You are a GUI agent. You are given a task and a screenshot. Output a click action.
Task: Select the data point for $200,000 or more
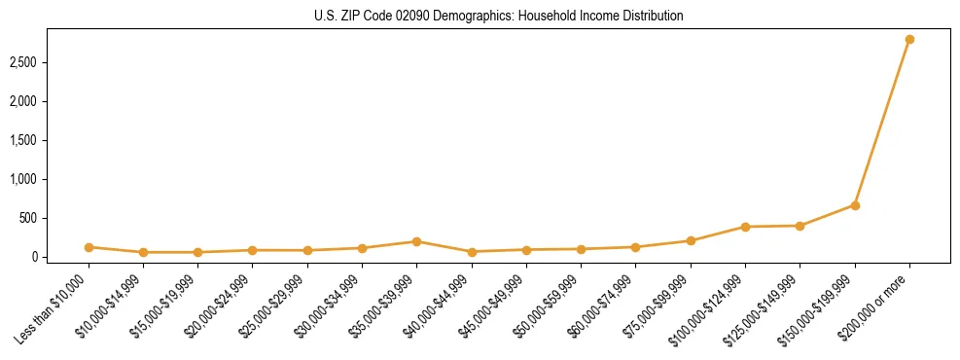pyautogui.click(x=909, y=40)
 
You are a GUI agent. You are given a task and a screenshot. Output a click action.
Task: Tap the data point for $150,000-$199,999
pyautogui.click(x=855, y=205)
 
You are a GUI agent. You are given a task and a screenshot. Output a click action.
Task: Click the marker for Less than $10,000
pyautogui.click(x=89, y=247)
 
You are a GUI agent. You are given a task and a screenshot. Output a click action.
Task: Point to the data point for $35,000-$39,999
pyautogui.click(x=416, y=241)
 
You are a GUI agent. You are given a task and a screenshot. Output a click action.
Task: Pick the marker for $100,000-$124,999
pyautogui.click(x=745, y=227)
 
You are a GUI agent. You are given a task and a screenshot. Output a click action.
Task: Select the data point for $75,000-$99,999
pyautogui.click(x=691, y=240)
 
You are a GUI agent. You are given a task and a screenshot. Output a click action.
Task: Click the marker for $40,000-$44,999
pyautogui.click(x=472, y=252)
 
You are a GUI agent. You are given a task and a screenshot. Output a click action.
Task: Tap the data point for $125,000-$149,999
pyautogui.click(x=800, y=226)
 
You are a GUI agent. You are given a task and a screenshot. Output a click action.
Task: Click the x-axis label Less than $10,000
pyautogui.click(x=54, y=308)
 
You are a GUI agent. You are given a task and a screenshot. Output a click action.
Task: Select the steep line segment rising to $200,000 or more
pyautogui.click(x=882, y=123)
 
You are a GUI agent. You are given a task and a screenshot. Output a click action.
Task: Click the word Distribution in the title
pyautogui.click(x=651, y=16)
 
